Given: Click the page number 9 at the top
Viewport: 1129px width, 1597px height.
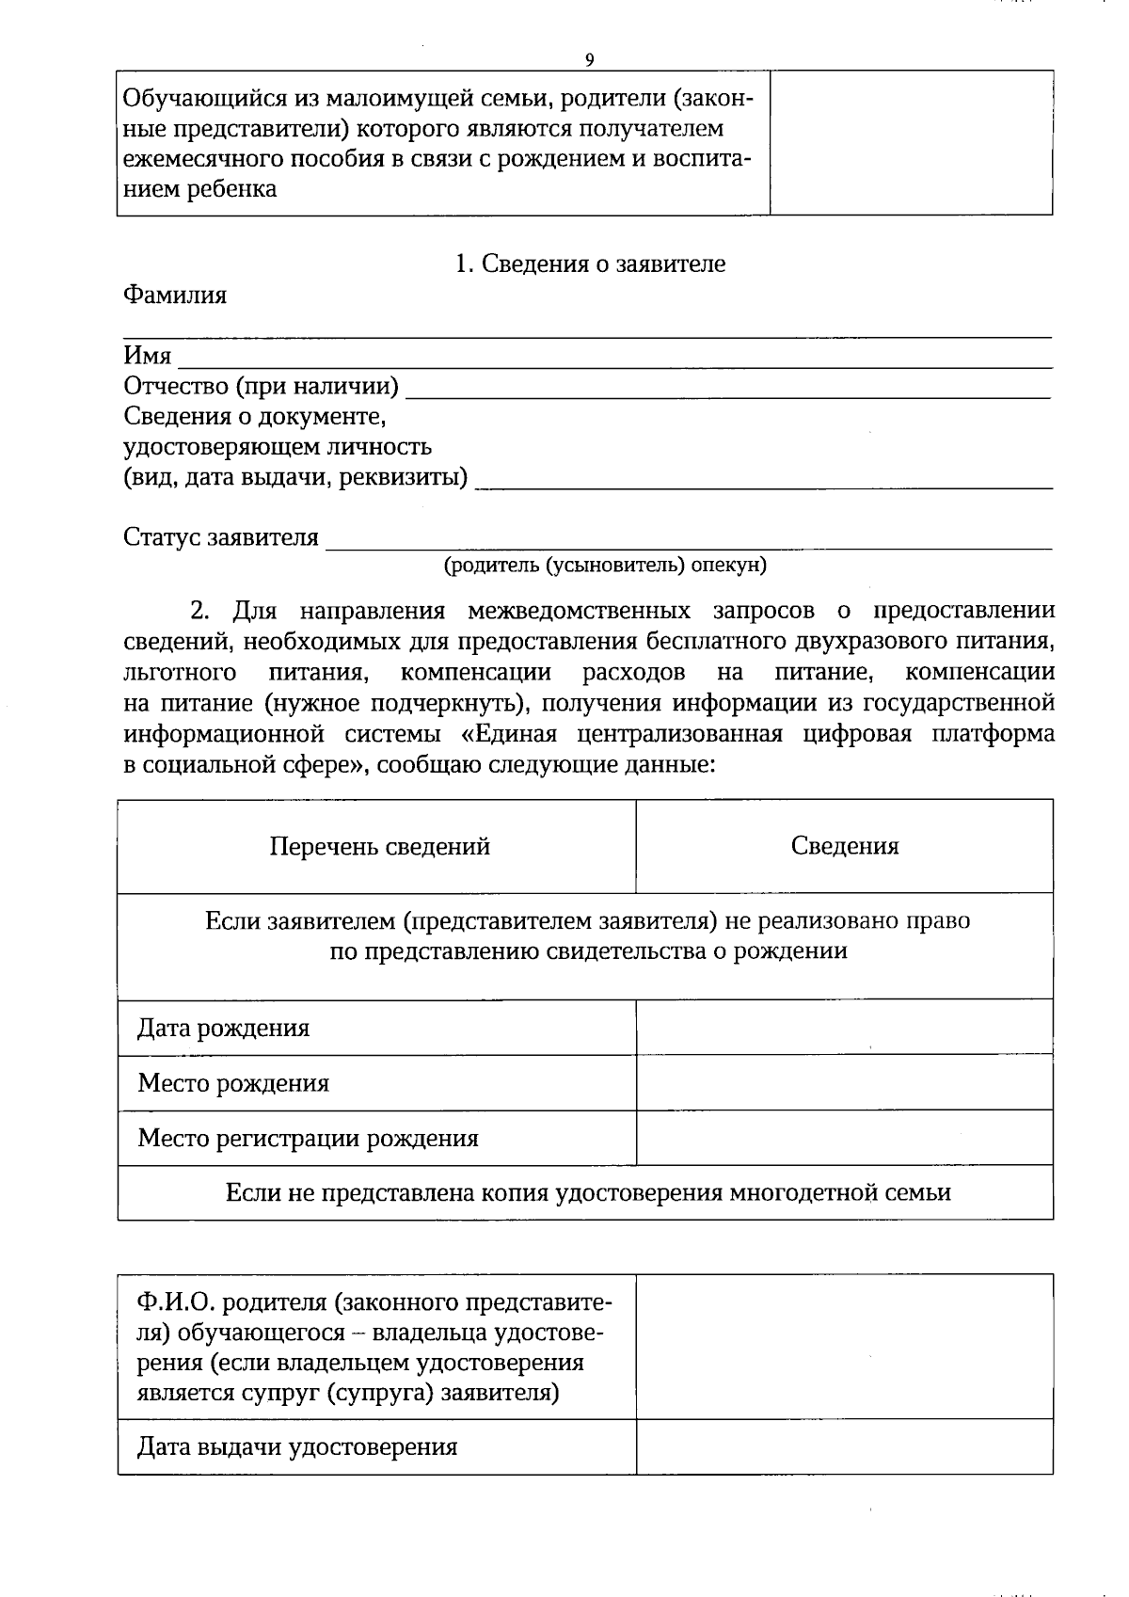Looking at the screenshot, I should (x=589, y=59).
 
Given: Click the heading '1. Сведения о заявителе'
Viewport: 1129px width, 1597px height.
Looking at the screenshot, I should (x=590, y=264).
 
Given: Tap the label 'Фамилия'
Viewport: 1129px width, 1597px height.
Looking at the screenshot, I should (x=175, y=295).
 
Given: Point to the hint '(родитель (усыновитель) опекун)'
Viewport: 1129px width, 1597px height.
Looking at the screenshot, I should (x=605, y=565).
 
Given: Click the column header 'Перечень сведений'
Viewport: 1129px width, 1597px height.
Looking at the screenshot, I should (x=379, y=846).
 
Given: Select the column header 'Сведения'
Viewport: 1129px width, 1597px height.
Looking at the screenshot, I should (x=844, y=846).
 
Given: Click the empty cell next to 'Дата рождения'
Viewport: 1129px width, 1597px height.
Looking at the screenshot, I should (x=844, y=1027).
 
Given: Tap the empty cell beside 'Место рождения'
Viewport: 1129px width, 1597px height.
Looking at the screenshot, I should (x=844, y=1082).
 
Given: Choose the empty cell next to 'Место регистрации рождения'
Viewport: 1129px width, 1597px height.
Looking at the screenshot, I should (x=844, y=1138).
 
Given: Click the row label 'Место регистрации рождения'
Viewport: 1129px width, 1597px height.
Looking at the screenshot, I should (x=308, y=1139).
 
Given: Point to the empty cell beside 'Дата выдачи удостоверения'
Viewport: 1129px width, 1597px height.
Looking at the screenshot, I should (x=844, y=1446).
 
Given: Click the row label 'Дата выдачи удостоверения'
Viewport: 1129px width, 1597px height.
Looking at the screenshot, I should (x=297, y=1446).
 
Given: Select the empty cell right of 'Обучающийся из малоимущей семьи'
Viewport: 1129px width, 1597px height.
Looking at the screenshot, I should (x=911, y=142).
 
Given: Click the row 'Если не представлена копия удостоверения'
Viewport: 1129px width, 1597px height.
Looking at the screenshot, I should (x=588, y=1193).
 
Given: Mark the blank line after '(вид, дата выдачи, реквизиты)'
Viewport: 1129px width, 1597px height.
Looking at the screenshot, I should (x=763, y=482).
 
